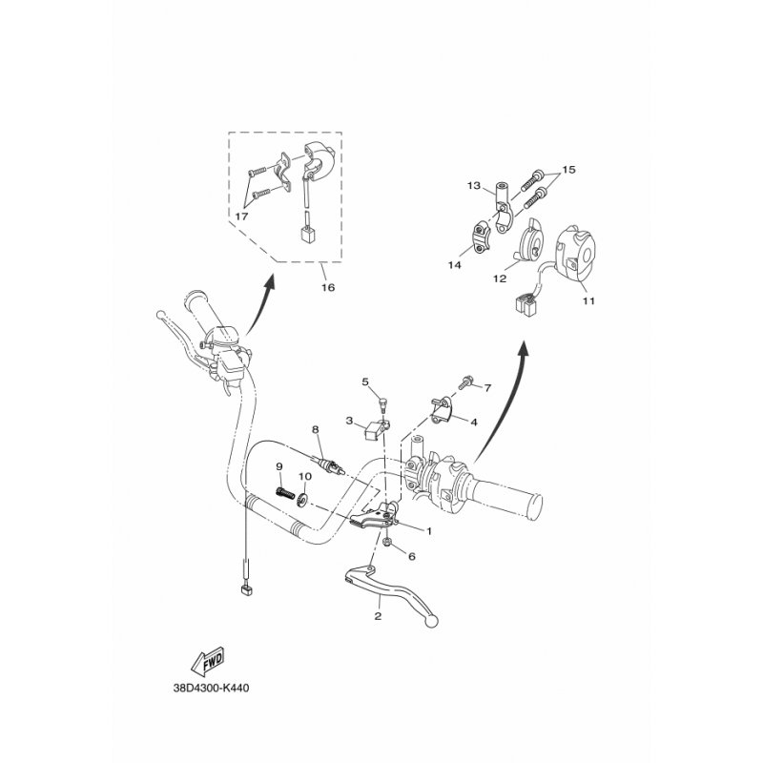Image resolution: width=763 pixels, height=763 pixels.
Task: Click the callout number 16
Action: click(x=328, y=287)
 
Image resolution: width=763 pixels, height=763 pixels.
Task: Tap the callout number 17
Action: click(x=242, y=217)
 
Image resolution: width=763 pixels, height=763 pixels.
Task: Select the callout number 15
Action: click(x=568, y=170)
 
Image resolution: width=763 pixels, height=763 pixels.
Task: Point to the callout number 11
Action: click(x=588, y=300)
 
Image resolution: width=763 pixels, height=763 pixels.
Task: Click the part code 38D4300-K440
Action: click(x=211, y=688)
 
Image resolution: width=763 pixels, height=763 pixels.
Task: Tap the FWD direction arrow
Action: click(x=208, y=661)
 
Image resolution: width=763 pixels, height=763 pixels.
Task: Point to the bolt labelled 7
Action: click(x=464, y=382)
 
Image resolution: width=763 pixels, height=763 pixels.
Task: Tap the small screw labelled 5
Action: click(x=382, y=404)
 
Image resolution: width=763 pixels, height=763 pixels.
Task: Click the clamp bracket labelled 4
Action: click(x=441, y=409)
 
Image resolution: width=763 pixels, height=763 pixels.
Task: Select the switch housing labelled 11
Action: click(x=576, y=254)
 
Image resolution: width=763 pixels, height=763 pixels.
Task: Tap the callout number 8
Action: click(x=316, y=430)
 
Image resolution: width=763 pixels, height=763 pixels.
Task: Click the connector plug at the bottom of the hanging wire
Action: click(x=247, y=590)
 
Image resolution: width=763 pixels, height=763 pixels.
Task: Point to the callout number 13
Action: click(x=473, y=185)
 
